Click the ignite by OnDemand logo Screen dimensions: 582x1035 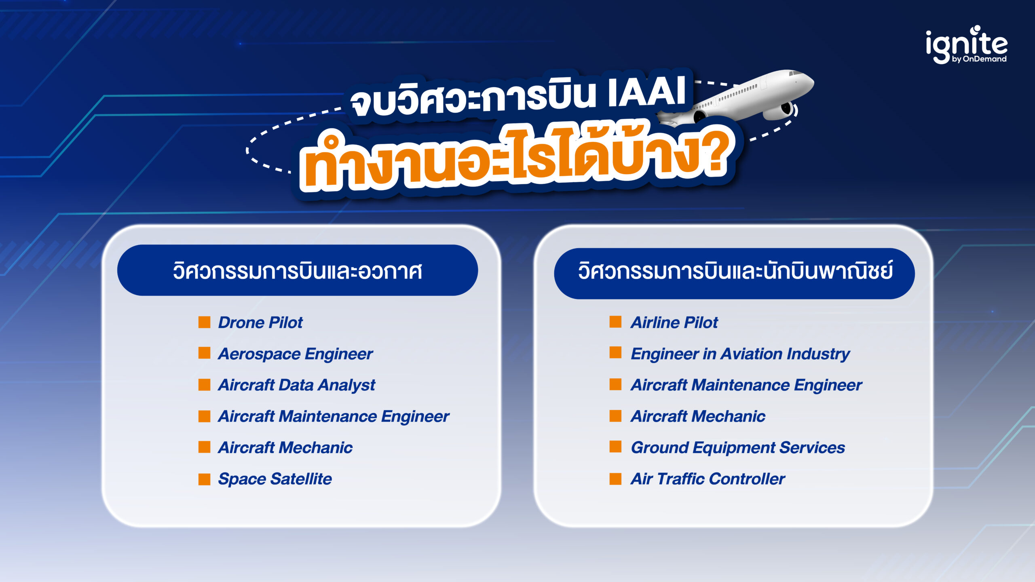click(966, 45)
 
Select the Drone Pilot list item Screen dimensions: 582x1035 click(260, 323)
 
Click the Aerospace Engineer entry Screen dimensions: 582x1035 click(295, 354)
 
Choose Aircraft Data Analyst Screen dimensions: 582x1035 click(296, 385)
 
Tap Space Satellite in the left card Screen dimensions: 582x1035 click(275, 479)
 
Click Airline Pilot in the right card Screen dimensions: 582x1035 click(674, 323)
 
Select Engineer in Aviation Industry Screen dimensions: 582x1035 click(740, 354)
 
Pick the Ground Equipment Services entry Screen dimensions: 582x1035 click(737, 448)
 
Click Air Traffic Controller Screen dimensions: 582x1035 click(708, 479)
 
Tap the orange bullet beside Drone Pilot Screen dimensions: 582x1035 click(204, 322)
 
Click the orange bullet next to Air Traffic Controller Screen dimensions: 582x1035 click(615, 479)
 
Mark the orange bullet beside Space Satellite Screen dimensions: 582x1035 click(204, 479)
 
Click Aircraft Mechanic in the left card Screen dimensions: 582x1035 click(285, 448)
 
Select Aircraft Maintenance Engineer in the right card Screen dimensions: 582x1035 click(746, 385)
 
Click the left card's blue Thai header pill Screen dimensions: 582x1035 click(298, 270)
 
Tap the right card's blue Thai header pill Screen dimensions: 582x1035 click(734, 273)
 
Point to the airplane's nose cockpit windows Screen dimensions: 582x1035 click(794, 74)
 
